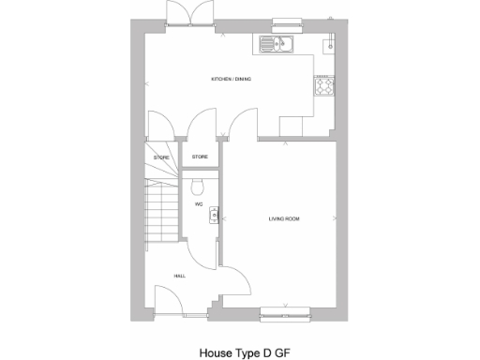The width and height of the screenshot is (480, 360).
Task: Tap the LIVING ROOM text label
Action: point(284,218)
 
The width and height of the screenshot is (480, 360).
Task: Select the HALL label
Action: point(179,276)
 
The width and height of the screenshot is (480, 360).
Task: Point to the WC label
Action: point(199,203)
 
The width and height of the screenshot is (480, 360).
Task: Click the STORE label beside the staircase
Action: point(161,157)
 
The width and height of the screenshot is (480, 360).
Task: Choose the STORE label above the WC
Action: point(200,157)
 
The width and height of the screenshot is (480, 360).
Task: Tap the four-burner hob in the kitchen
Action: point(325,86)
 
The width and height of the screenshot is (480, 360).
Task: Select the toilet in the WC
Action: point(200,182)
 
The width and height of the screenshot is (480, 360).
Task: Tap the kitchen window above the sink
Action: point(276,29)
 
